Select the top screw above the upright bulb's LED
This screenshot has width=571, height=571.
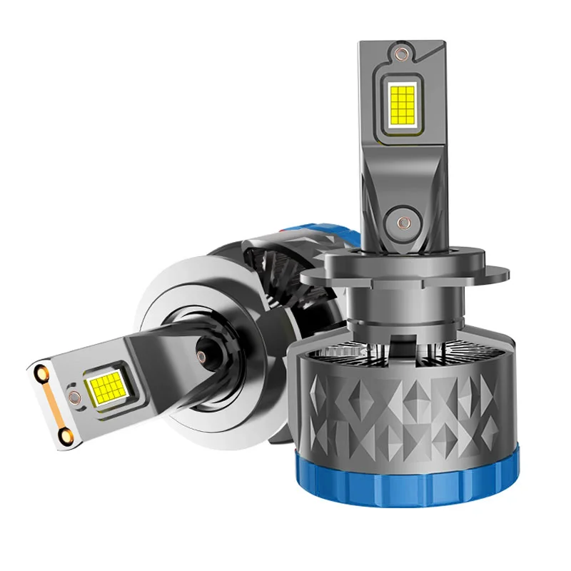[x=404, y=54]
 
